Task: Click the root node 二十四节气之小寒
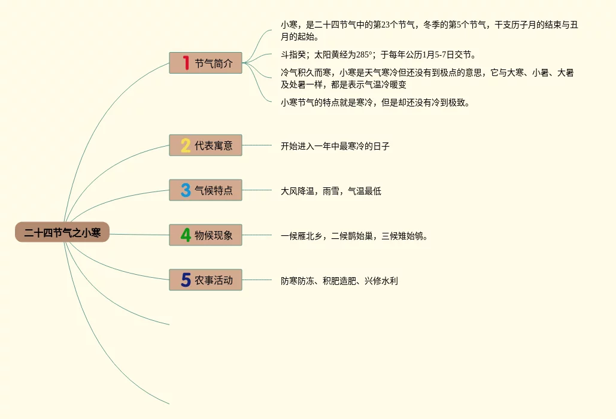[x=62, y=232]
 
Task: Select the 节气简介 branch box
[x=205, y=63]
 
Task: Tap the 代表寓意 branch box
[x=205, y=145]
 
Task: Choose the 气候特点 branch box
[x=205, y=190]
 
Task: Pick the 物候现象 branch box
[x=205, y=235]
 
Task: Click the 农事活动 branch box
[x=205, y=280]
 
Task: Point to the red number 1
[x=186, y=63]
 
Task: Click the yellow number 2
[x=186, y=145]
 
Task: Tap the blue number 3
[x=186, y=190]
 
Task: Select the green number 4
[x=186, y=235]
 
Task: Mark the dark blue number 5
[x=186, y=280]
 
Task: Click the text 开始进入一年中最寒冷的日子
[x=335, y=146]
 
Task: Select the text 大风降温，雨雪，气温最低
[x=331, y=192]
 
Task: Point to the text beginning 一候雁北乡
[x=354, y=236]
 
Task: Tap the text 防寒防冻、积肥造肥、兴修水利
[x=339, y=281]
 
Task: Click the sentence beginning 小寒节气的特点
[x=375, y=102]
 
